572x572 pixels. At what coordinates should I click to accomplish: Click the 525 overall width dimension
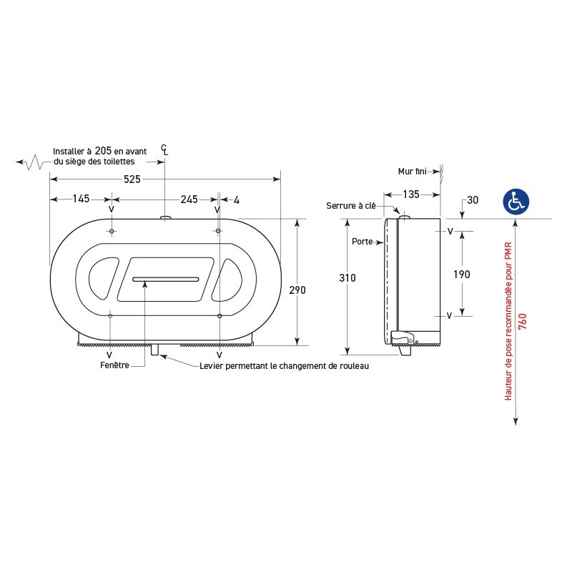click(x=132, y=179)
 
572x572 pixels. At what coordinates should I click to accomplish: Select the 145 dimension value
click(x=81, y=199)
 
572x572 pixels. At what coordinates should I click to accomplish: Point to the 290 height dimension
click(x=297, y=290)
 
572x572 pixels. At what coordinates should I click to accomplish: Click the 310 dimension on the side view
click(x=347, y=277)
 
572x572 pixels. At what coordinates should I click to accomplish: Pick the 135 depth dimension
click(x=411, y=194)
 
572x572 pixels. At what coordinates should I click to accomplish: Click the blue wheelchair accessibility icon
click(x=516, y=201)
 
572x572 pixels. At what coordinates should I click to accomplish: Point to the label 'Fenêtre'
click(x=114, y=365)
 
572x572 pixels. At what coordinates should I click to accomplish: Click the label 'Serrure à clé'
click(x=350, y=206)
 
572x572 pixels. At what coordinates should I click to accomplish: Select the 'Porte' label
click(x=362, y=242)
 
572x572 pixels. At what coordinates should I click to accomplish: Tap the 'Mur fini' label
click(x=413, y=171)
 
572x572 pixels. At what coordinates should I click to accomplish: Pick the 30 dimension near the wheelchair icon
click(x=472, y=199)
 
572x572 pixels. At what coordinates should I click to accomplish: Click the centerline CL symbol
click(x=165, y=149)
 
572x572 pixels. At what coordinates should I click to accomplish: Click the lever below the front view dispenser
click(x=154, y=350)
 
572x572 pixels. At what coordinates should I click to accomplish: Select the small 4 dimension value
click(x=236, y=199)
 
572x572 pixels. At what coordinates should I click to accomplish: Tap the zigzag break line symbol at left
click(x=31, y=163)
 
